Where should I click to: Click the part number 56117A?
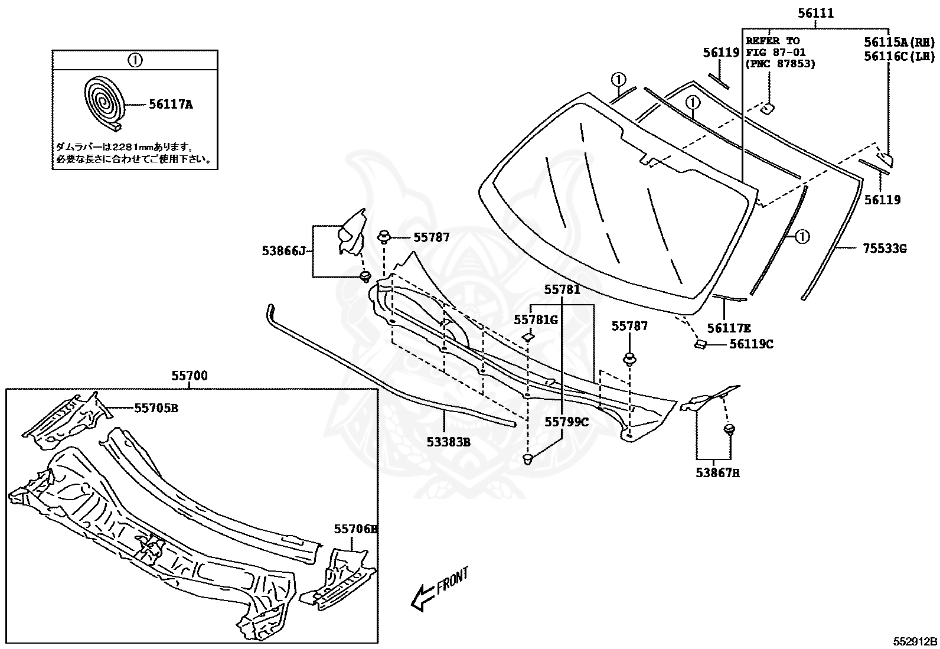(171, 105)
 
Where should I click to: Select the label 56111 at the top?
(815, 14)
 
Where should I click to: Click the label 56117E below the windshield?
(729, 328)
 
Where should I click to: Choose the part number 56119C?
(751, 344)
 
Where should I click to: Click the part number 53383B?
(449, 441)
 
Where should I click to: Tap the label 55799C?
(566, 422)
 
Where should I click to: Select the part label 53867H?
(718, 472)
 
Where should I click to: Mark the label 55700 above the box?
(190, 376)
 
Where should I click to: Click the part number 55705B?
(156, 407)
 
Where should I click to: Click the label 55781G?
(536, 319)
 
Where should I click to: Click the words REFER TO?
(772, 41)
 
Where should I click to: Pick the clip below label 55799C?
(528, 458)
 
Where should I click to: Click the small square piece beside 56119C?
(700, 344)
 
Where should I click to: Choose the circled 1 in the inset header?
(135, 60)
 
